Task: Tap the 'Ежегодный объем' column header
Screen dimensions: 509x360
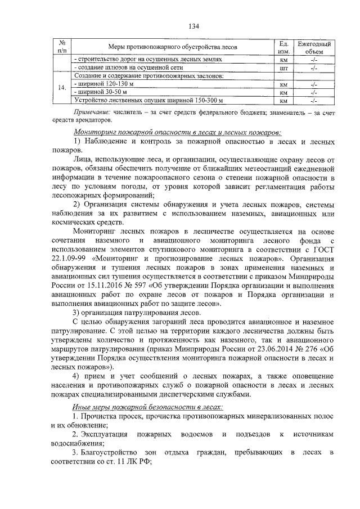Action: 314,47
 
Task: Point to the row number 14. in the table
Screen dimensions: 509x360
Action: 62,88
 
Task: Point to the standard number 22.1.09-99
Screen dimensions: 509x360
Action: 69,259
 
